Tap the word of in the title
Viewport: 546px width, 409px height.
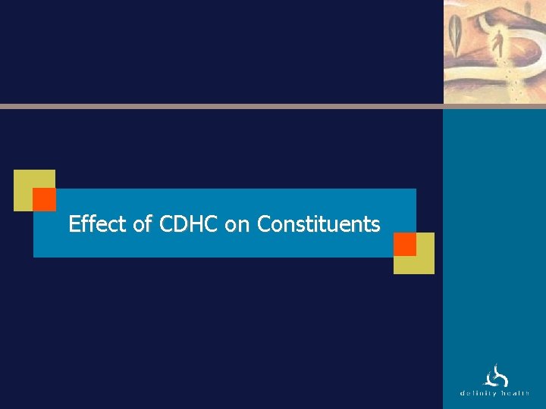pyautogui.click(x=142, y=224)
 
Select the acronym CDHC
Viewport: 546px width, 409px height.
pyautogui.click(x=188, y=224)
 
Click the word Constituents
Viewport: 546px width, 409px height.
pyautogui.click(x=318, y=224)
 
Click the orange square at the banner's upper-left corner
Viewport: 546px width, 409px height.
pyautogui.click(x=45, y=199)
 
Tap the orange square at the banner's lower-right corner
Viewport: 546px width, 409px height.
pyautogui.click(x=405, y=244)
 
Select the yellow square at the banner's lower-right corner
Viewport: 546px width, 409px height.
pyautogui.click(x=423, y=261)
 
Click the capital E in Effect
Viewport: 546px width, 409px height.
pyautogui.click(x=74, y=224)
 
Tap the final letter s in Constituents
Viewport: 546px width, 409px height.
pyautogui.click(x=375, y=225)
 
